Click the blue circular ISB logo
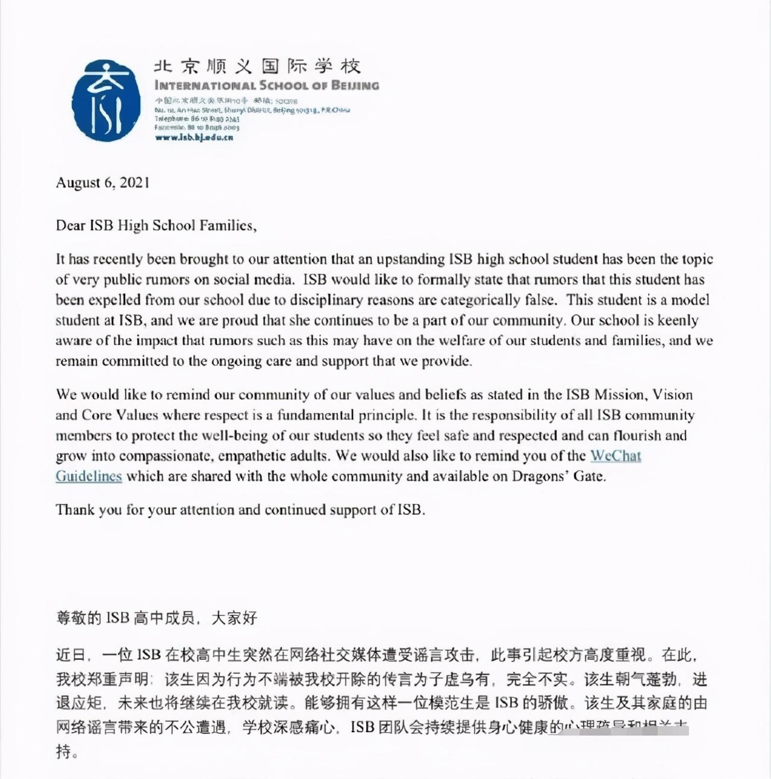105,101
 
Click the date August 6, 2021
102,183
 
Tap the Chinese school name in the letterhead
257,66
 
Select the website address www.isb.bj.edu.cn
193,137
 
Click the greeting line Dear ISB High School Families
156,226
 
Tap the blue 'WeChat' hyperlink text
615,456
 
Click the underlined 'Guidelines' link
89,476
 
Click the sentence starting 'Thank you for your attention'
240,510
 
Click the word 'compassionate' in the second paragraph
158,456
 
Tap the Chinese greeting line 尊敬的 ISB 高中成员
157,618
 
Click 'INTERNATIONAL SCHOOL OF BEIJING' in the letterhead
267,85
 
